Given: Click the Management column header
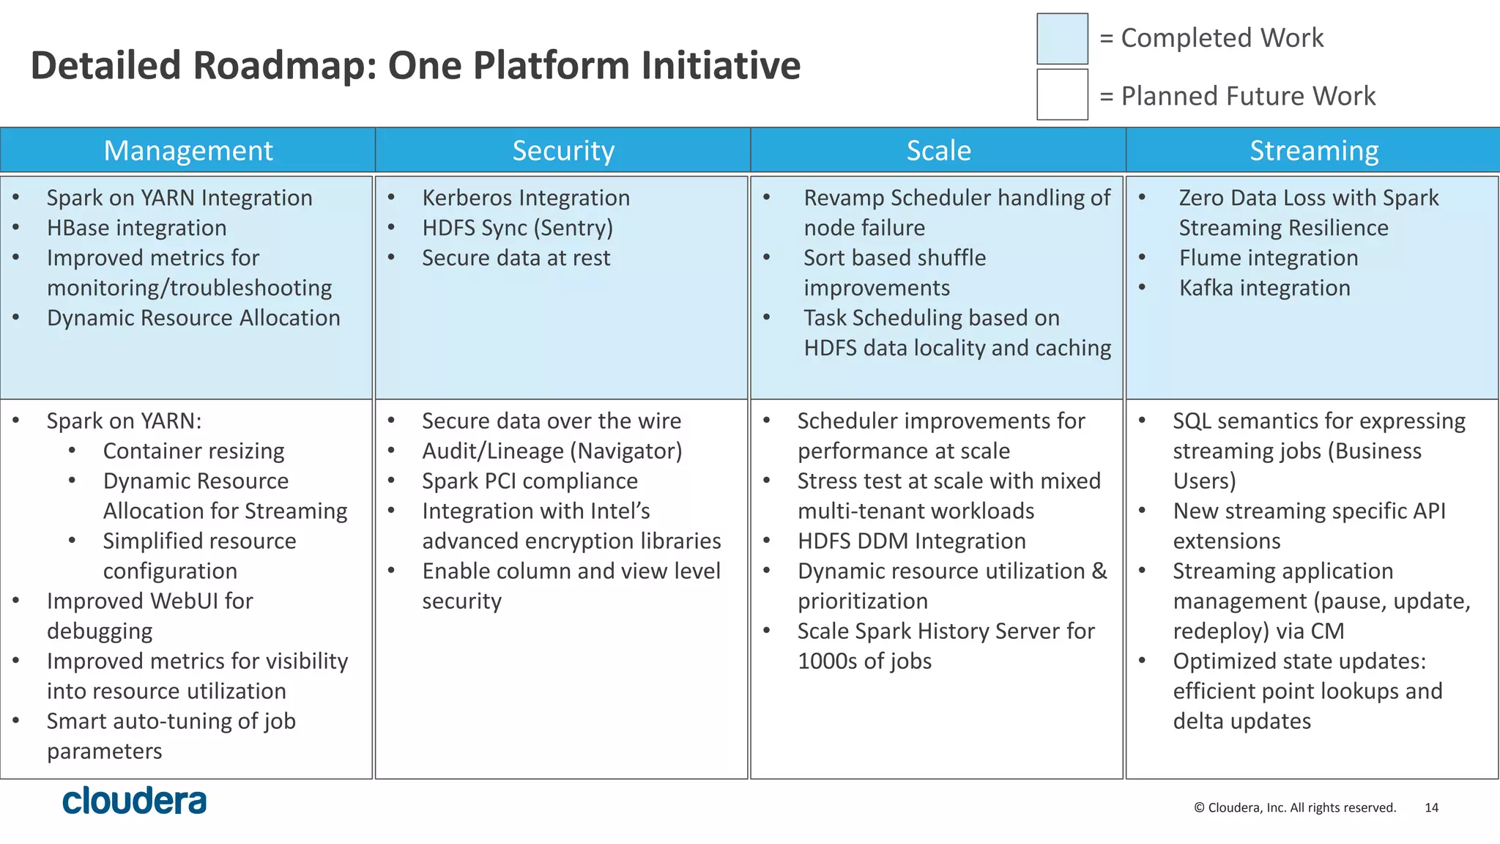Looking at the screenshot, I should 187,151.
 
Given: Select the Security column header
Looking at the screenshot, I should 562,151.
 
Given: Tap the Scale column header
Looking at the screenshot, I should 938,151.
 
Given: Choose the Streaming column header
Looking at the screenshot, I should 1313,151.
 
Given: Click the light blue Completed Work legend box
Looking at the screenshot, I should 1062,39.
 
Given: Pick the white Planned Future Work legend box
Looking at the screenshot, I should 1062,95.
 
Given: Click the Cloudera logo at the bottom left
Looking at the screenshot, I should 134,801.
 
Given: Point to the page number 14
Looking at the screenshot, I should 1431,807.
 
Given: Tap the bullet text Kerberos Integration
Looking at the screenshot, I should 525,198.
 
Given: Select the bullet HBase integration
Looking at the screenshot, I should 136,228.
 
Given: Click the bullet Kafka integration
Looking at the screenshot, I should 1264,288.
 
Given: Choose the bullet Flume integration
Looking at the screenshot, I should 1268,258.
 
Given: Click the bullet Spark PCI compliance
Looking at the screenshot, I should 530,481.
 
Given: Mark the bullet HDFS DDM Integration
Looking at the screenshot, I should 911,541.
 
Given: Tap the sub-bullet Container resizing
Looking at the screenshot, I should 193,451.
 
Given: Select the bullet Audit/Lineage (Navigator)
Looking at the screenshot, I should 552,451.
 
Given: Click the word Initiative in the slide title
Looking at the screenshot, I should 721,65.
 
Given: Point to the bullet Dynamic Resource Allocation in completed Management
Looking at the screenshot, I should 193,318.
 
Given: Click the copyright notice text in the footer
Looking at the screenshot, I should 1294,807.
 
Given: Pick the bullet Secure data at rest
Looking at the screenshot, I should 516,258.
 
